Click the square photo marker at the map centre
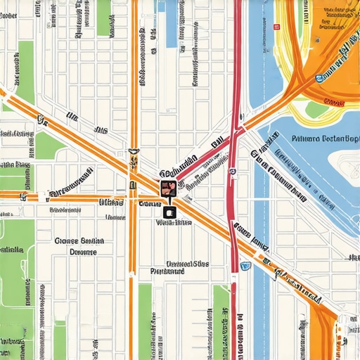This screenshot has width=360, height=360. (x=168, y=188)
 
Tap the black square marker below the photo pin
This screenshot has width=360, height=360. (x=168, y=211)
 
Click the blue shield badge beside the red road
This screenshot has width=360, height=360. (x=245, y=266)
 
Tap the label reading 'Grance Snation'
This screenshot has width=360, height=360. (x=79, y=240)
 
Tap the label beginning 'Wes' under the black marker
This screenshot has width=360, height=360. (x=173, y=223)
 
